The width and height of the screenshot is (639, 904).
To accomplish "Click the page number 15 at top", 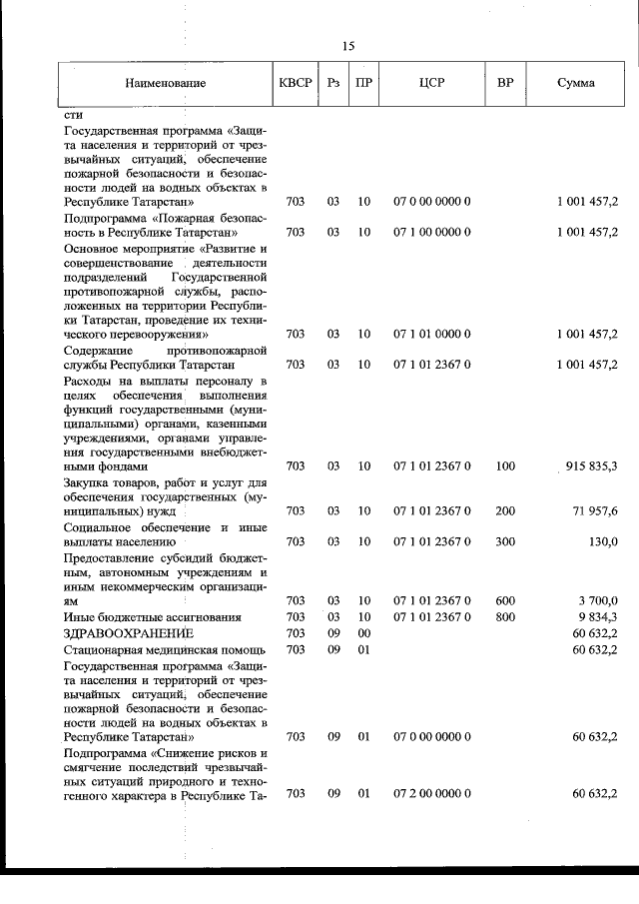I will point(347,46).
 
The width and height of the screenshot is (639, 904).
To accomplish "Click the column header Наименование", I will point(165,83).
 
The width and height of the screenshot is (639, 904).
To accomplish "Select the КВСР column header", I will point(296,83).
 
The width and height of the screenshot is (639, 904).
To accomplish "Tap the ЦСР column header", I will point(432,83).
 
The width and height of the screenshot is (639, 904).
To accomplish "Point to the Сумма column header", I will point(576,83).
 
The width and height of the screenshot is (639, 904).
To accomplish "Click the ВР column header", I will point(505,83).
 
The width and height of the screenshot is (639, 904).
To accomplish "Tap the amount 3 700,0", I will point(598,600).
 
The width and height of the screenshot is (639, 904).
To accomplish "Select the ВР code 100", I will point(505,465).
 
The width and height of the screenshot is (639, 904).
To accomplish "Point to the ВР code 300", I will point(505,541).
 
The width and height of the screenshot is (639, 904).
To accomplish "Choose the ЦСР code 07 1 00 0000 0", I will point(431,232).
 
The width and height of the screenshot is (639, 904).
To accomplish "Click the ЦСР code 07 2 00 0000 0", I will point(431,793).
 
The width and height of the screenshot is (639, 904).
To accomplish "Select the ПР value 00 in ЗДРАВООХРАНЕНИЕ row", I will point(364,633).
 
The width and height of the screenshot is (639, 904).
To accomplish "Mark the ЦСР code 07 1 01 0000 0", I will point(431,334).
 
